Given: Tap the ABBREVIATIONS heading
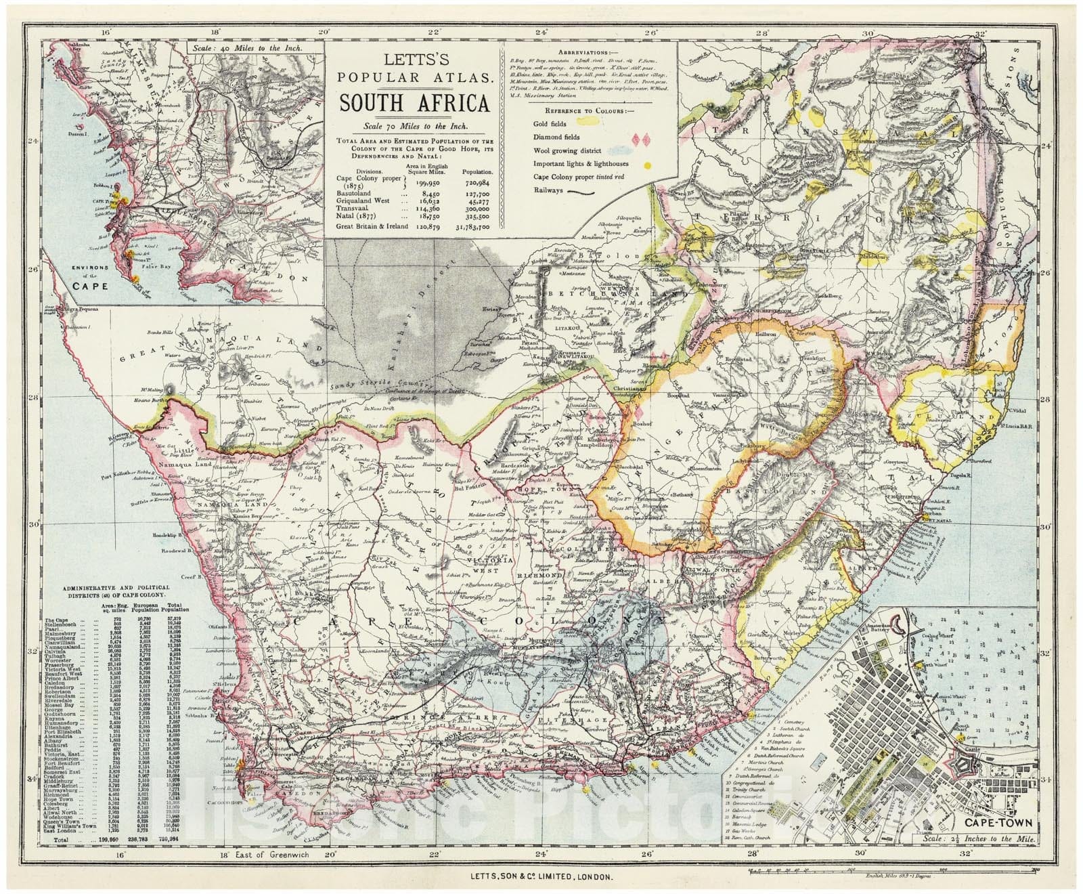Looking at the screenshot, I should [590, 52].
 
